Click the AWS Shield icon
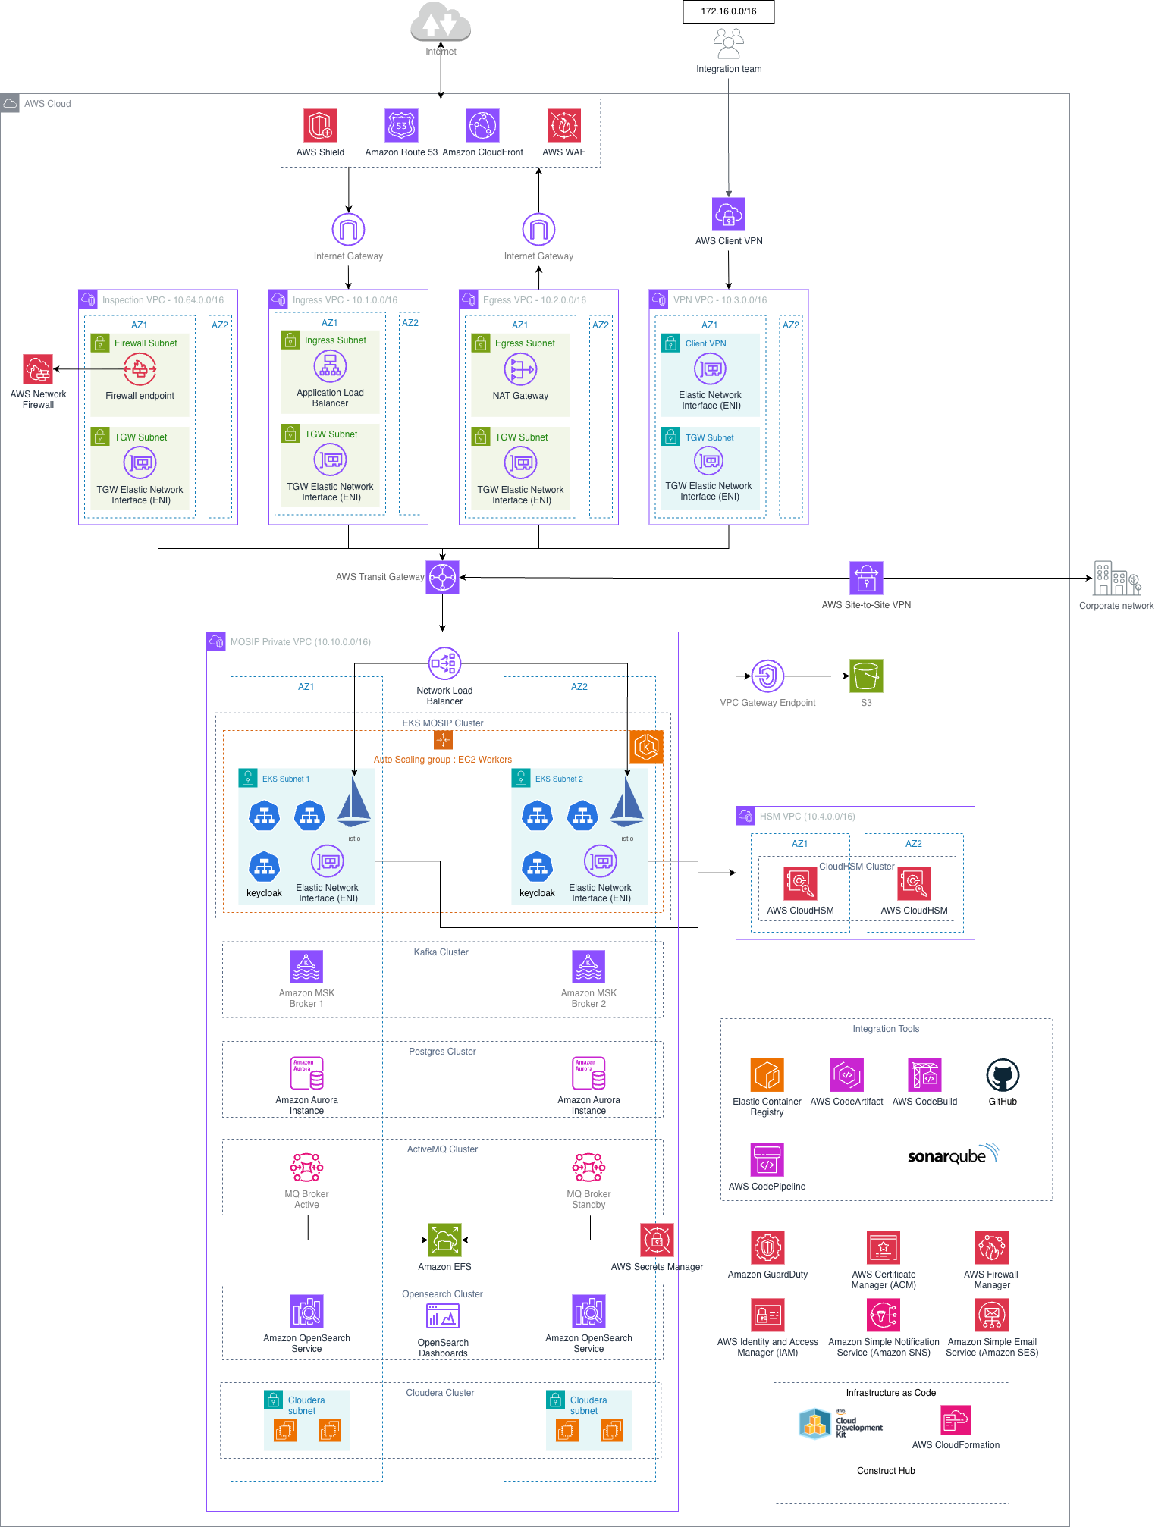(x=320, y=125)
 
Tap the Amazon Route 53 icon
(x=401, y=125)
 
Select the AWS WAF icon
(x=563, y=125)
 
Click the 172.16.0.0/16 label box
(x=728, y=11)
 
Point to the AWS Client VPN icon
(x=728, y=215)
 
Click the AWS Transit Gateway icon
(x=442, y=578)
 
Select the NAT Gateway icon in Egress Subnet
(x=520, y=370)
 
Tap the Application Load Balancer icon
(x=330, y=367)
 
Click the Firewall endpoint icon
(x=140, y=370)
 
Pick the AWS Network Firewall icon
(x=38, y=370)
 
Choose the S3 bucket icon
(x=866, y=676)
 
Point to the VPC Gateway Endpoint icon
(x=767, y=676)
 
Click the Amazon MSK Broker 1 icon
(x=306, y=967)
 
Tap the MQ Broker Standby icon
(x=588, y=1168)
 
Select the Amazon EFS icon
(x=444, y=1240)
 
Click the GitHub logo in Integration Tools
(x=1003, y=1075)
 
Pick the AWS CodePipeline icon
(x=767, y=1159)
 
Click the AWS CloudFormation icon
(x=956, y=1420)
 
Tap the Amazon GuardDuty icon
(x=767, y=1247)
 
